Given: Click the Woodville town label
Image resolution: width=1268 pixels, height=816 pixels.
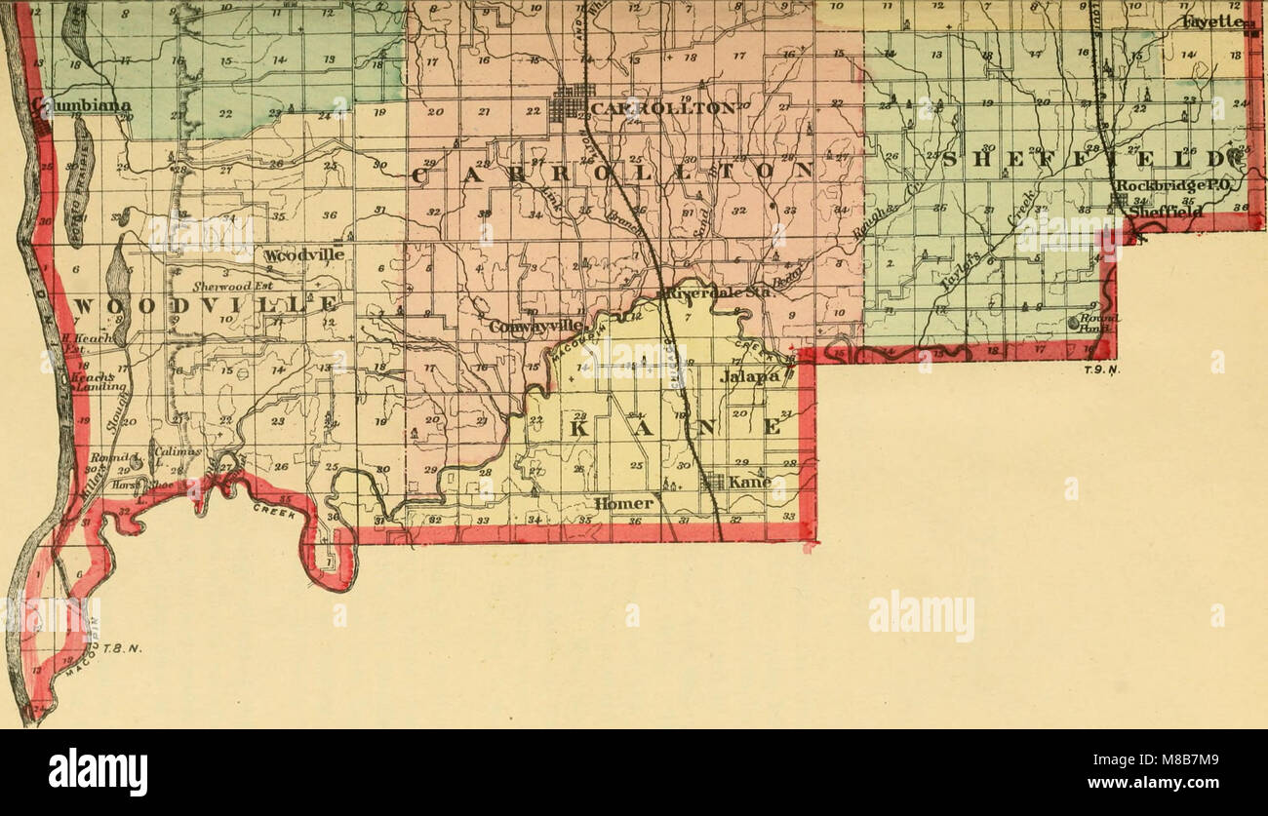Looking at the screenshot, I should [x=303, y=254].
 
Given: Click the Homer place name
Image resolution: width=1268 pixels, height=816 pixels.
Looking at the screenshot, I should [x=624, y=503].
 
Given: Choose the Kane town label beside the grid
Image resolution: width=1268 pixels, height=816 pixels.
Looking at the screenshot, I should [x=749, y=482].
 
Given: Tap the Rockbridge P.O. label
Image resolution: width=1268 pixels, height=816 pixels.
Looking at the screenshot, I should [x=1162, y=185].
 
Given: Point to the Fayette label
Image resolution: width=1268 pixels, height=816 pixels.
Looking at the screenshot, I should [x=1212, y=21].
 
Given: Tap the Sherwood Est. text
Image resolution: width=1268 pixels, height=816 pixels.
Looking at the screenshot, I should [x=231, y=287].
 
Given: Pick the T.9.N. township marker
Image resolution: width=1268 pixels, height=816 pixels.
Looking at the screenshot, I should [x=1099, y=369].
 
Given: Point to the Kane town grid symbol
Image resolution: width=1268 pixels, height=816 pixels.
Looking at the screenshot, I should [x=714, y=482].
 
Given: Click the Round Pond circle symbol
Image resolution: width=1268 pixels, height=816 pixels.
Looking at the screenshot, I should [x=1074, y=322].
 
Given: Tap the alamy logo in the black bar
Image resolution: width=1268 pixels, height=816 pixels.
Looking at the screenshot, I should [x=98, y=772].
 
